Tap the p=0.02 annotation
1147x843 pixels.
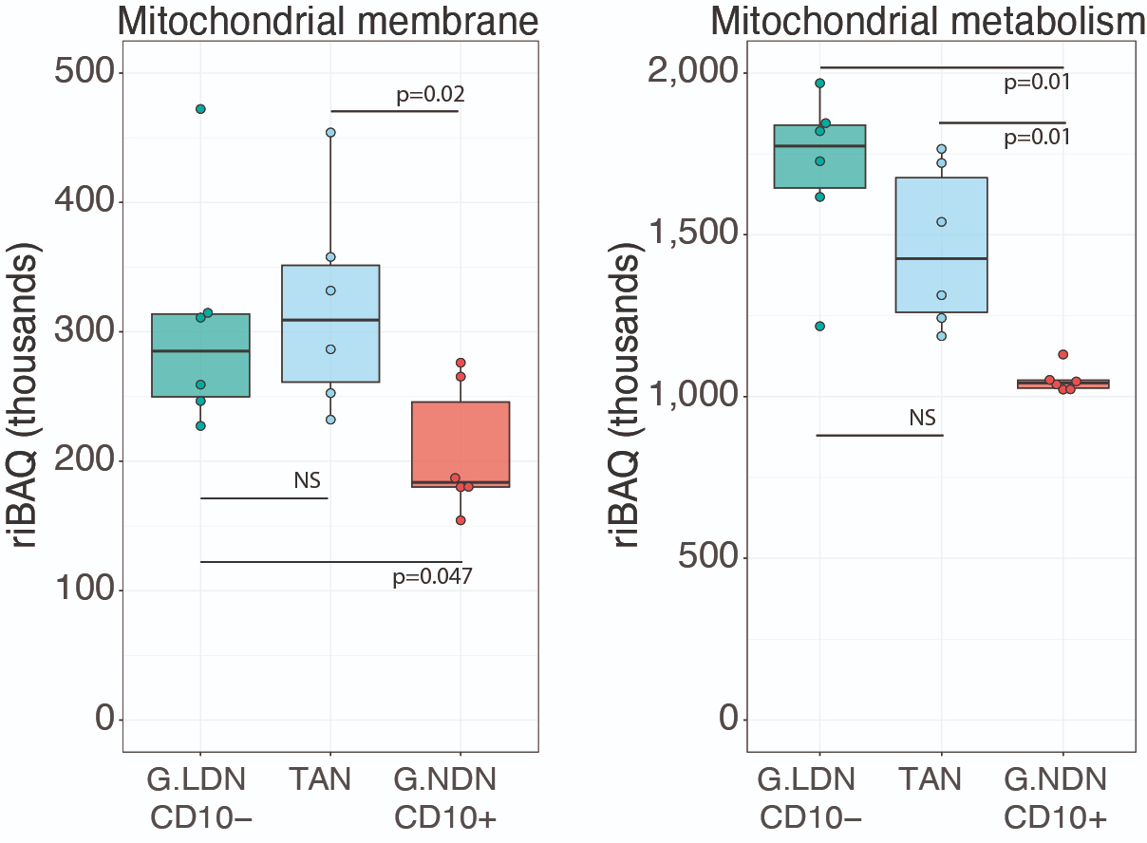point(430,95)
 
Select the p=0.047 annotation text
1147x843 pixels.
point(432,576)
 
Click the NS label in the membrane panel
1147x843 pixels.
point(307,481)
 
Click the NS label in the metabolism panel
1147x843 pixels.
point(922,418)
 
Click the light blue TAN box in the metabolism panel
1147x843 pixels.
point(941,245)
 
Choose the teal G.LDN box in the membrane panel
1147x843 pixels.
point(200,355)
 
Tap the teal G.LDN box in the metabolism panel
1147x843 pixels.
point(819,157)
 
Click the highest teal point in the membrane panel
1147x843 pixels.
point(200,109)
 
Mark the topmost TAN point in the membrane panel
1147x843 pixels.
point(330,133)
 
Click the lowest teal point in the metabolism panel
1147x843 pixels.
point(819,327)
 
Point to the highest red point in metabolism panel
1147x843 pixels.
point(1063,354)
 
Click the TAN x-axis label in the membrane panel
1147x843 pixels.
point(320,780)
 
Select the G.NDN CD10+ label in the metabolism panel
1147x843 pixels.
point(1056,798)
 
